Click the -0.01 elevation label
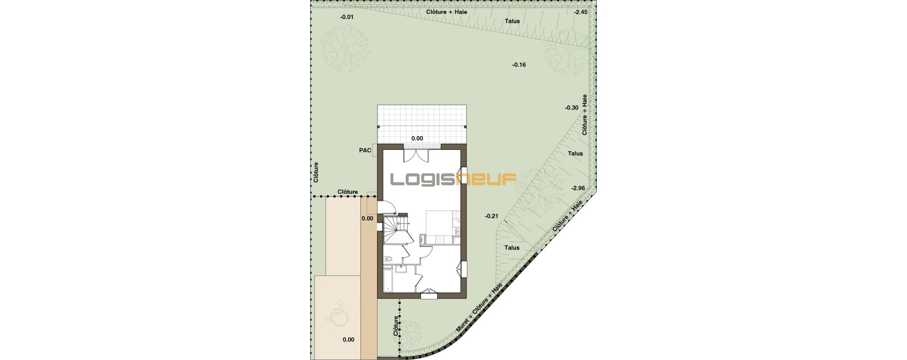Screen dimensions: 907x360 pos(347,17)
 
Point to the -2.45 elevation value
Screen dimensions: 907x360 pos(580,12)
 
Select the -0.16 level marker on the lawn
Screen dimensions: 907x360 pos(518,64)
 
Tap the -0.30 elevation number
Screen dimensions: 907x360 pos(571,108)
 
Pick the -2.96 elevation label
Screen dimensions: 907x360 pos(578,188)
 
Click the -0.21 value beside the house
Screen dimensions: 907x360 pos(491,216)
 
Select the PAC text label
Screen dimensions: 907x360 pos(365,150)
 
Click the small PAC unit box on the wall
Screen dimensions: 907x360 pos(375,151)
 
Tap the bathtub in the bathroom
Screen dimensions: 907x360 pos(388,281)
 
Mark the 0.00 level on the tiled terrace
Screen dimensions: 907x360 pos(417,138)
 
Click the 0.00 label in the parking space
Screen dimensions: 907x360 pos(348,340)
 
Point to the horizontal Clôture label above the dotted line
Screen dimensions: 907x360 pos(348,192)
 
